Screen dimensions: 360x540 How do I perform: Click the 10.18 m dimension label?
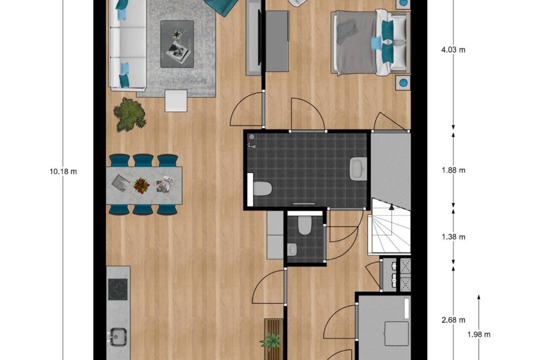pyautogui.click(x=63, y=171)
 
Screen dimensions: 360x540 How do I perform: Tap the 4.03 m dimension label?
pyautogui.click(x=453, y=50)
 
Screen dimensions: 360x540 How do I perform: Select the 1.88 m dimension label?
pyautogui.click(x=453, y=170)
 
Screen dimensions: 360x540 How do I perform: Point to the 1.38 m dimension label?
pyautogui.click(x=453, y=237)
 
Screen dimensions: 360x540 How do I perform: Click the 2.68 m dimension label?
pyautogui.click(x=453, y=320)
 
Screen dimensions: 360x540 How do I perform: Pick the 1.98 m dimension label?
pyautogui.click(x=478, y=334)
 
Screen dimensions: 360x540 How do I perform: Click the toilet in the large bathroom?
pyautogui.click(x=262, y=189)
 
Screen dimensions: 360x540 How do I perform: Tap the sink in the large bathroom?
pyautogui.click(x=358, y=169)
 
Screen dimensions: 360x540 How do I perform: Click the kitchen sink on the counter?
pyautogui.click(x=117, y=336)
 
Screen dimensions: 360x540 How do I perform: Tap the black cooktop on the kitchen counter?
pyautogui.click(x=118, y=289)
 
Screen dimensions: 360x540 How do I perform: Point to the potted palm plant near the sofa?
pyautogui.click(x=129, y=114)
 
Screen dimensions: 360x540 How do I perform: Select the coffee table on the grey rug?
pyautogui.click(x=177, y=44)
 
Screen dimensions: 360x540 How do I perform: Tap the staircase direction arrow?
pyautogui.click(x=391, y=206)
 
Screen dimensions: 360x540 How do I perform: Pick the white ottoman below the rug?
pyautogui.click(x=176, y=101)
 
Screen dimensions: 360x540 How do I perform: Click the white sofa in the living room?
pyautogui.click(x=127, y=44)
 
